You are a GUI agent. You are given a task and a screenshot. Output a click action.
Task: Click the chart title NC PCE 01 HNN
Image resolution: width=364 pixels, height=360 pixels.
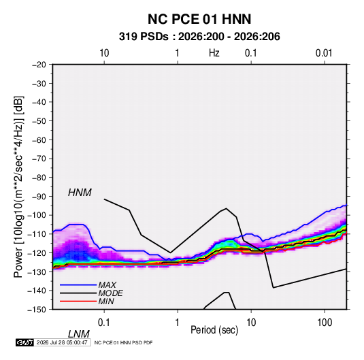pyautogui.click(x=199, y=19)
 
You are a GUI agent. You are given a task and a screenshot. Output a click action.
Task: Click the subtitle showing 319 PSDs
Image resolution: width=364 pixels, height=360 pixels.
pyautogui.click(x=199, y=37)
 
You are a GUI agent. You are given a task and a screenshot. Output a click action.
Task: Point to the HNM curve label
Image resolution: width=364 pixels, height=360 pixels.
pyautogui.click(x=80, y=193)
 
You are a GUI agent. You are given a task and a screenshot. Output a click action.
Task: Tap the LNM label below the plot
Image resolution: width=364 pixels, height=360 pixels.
pyautogui.click(x=78, y=334)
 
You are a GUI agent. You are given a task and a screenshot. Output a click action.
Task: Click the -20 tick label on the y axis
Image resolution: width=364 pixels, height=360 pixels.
pyautogui.click(x=39, y=65)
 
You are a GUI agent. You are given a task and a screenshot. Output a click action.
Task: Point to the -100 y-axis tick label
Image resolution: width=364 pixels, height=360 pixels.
pyautogui.click(x=37, y=215)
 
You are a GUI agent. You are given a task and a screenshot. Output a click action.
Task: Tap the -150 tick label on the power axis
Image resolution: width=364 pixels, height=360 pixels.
pyautogui.click(x=37, y=310)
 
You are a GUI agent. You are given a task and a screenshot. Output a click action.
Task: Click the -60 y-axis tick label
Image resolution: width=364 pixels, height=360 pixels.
pyautogui.click(x=39, y=140)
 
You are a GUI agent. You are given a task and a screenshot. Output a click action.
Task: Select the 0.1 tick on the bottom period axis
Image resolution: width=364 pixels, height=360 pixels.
pyautogui.click(x=104, y=323)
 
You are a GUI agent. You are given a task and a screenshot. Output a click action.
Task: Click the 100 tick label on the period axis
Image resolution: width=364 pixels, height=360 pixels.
pyautogui.click(x=325, y=323)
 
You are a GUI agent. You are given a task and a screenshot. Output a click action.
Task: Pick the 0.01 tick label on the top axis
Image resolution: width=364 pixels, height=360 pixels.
pyautogui.click(x=324, y=53)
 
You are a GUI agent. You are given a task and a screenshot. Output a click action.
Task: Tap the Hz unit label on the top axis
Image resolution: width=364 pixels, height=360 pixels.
pyautogui.click(x=214, y=53)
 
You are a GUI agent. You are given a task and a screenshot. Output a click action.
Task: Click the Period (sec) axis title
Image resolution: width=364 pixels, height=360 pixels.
pyautogui.click(x=214, y=330)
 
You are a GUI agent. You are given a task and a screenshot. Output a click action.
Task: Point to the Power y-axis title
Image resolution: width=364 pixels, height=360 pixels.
pyautogui.click(x=18, y=187)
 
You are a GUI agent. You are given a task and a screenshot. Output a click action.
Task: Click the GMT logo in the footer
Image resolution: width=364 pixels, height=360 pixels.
pyautogui.click(x=24, y=342)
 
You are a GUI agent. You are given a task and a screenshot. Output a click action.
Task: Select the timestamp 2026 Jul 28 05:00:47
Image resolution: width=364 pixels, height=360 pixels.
pyautogui.click(x=62, y=342)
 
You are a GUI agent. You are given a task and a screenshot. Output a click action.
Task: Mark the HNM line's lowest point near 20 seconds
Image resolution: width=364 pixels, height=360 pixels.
pyautogui.click(x=274, y=288)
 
